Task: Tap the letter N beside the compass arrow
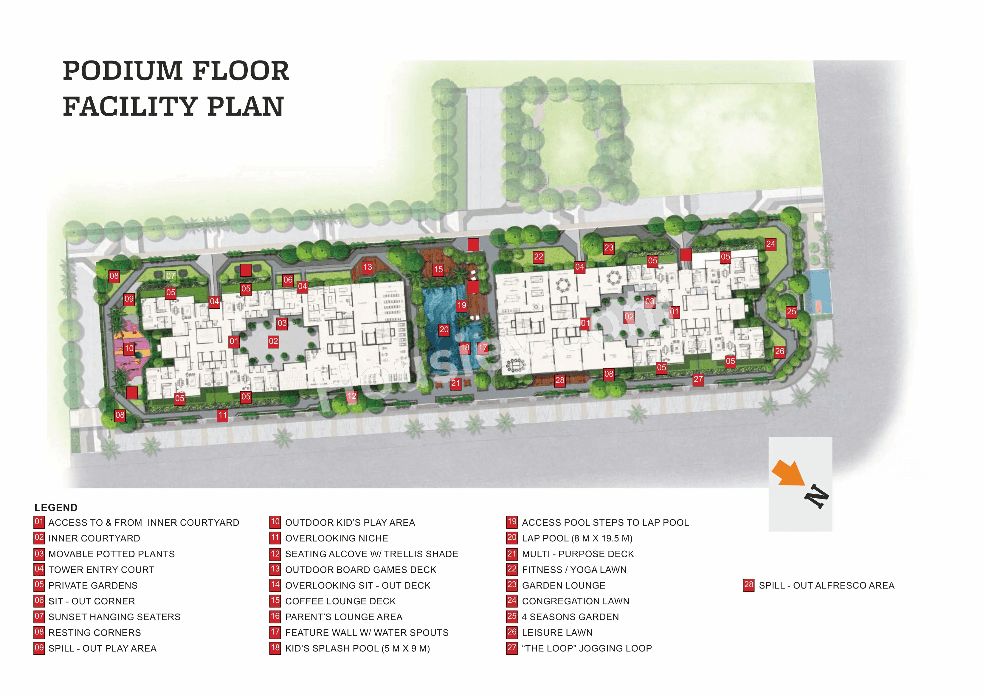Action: [816, 497]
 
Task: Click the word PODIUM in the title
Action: [123, 71]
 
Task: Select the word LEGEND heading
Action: [56, 507]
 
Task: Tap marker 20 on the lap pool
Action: [444, 330]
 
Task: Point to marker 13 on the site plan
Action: [367, 267]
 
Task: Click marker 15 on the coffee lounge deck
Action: [438, 270]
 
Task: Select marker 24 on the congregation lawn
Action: [771, 244]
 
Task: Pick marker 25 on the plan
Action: [791, 312]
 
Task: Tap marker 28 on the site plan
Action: [559, 380]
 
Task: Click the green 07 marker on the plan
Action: [171, 276]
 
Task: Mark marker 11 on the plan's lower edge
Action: [222, 415]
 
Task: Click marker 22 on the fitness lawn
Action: [539, 257]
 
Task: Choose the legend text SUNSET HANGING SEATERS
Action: [114, 617]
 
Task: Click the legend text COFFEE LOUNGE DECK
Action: [340, 601]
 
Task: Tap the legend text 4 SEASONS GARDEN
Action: [570, 617]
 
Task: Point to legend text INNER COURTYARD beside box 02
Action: [94, 538]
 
